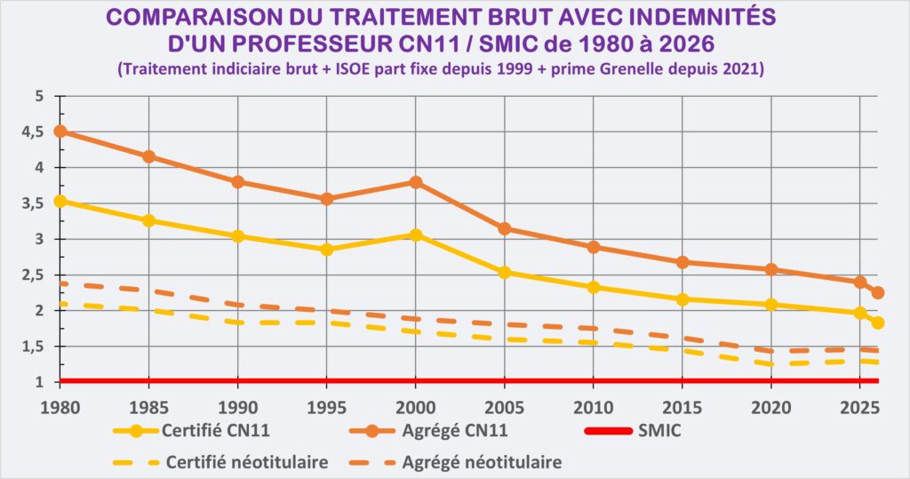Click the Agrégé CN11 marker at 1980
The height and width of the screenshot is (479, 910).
coord(60,132)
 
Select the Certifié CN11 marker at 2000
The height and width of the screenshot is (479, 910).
coord(416,235)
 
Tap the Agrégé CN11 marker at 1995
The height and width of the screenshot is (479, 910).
coord(327,199)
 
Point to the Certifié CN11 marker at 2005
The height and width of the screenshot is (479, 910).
coord(505,272)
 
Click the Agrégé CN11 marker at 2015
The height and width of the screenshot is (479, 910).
coord(682,262)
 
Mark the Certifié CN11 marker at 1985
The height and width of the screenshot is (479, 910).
coord(149,220)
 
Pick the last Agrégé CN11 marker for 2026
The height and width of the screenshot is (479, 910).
coord(877,292)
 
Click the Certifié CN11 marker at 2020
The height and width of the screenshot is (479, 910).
coord(771,304)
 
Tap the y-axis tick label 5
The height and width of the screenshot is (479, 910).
coord(37,96)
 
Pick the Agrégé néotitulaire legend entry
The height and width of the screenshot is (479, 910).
coord(481,462)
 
